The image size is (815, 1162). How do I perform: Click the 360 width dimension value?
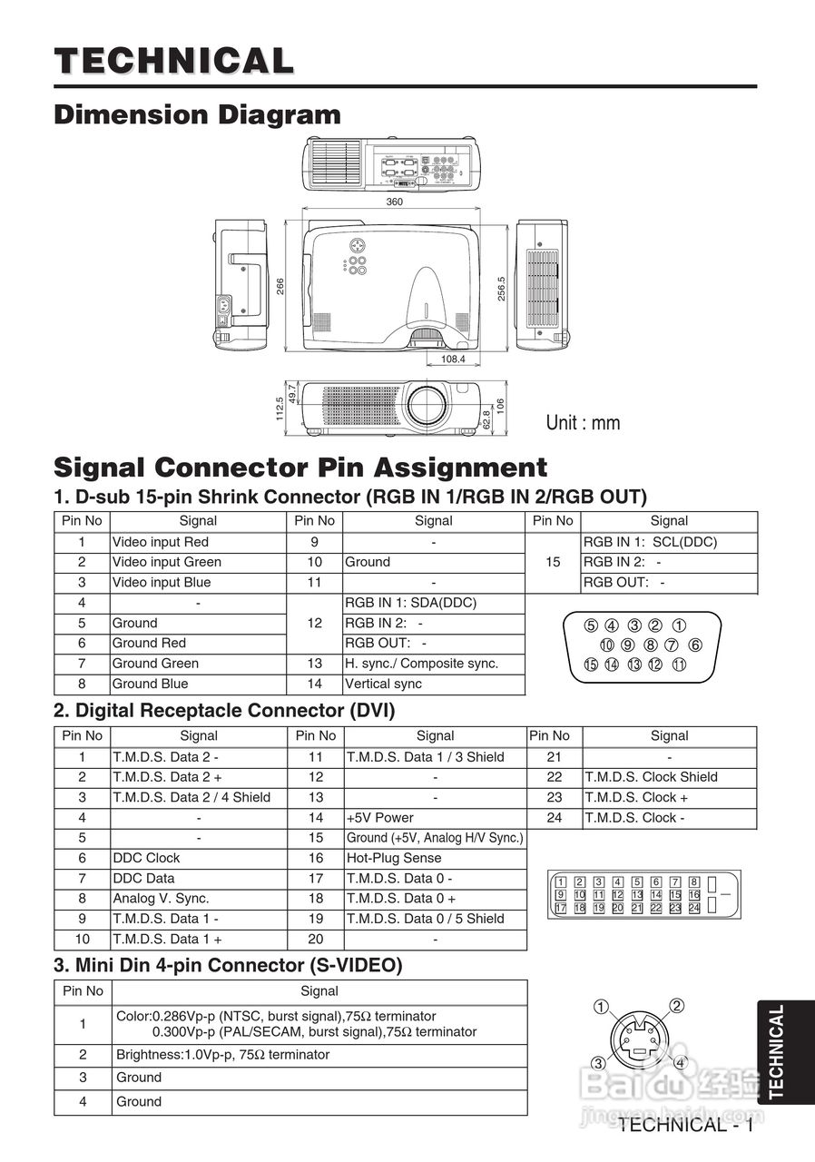click(394, 202)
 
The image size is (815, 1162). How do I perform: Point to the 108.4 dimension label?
click(453, 359)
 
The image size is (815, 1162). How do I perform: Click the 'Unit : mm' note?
click(583, 423)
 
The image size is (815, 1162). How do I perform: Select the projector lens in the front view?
click(426, 405)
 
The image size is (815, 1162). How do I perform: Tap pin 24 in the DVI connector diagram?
click(694, 908)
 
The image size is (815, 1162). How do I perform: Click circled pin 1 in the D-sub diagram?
click(679, 625)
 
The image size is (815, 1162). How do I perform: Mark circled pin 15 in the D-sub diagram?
click(591, 665)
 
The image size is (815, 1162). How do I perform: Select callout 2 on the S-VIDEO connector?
click(676, 1005)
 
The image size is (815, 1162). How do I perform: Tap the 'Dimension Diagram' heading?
click(198, 115)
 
